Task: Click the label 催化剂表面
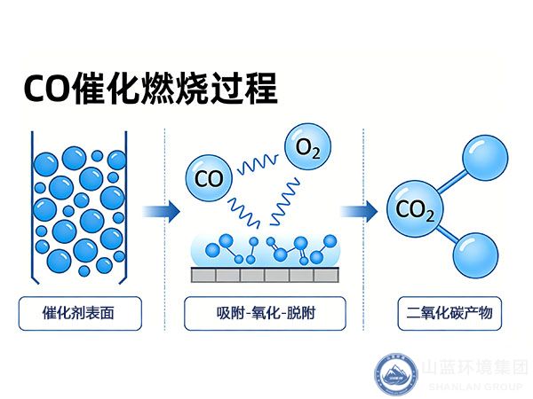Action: [x=79, y=312]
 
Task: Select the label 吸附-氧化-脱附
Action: [x=264, y=312]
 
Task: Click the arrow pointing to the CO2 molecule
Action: [x=356, y=212]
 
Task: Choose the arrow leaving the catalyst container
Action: [x=161, y=212]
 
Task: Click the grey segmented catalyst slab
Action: [x=265, y=275]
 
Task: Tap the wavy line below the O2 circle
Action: [x=287, y=199]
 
